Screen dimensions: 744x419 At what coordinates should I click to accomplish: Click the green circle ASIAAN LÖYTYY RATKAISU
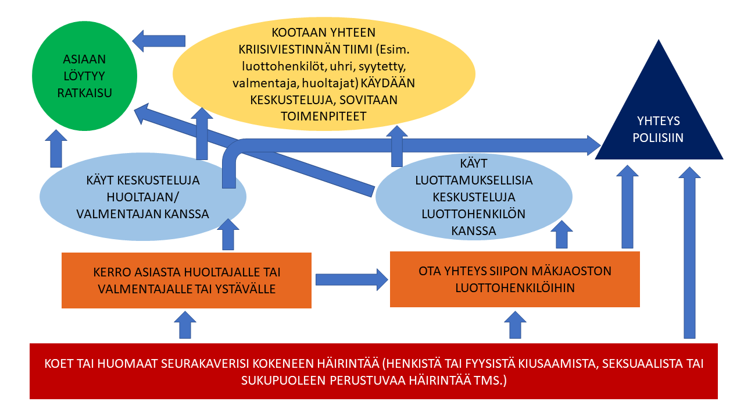coord(84,76)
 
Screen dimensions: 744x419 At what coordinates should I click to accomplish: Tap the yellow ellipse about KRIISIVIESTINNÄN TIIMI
coord(324,74)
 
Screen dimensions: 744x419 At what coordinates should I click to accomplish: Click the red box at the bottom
coord(374,371)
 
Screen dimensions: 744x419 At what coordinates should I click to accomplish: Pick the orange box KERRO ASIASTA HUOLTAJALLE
coord(187,280)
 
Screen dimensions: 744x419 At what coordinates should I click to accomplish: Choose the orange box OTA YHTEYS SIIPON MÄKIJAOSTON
coord(515,279)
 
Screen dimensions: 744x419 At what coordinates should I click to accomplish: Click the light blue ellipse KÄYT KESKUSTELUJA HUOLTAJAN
coord(143,197)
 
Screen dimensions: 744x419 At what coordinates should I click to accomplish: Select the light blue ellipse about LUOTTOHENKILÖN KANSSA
coord(474,197)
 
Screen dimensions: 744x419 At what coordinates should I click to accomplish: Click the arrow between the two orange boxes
coord(352,280)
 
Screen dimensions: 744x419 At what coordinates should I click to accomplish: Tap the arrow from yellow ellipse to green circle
coord(159,41)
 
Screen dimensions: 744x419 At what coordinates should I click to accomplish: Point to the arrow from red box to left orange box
coord(185,325)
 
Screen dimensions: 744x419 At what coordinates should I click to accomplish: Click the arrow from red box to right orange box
coord(515,325)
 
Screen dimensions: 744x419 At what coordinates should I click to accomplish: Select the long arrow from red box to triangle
coord(689,253)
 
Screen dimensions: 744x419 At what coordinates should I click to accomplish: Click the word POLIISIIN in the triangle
coord(658,138)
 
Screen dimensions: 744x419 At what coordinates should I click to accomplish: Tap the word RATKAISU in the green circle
coord(84,93)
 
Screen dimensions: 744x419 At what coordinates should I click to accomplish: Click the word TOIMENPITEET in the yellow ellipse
coord(324,116)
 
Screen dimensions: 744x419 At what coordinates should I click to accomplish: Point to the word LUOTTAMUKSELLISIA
coord(474,180)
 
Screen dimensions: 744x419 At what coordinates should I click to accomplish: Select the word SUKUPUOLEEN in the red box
coord(283,381)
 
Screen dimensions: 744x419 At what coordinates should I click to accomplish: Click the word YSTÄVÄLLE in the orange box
coord(245,289)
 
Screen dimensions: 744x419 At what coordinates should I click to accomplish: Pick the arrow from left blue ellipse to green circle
coord(56,148)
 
